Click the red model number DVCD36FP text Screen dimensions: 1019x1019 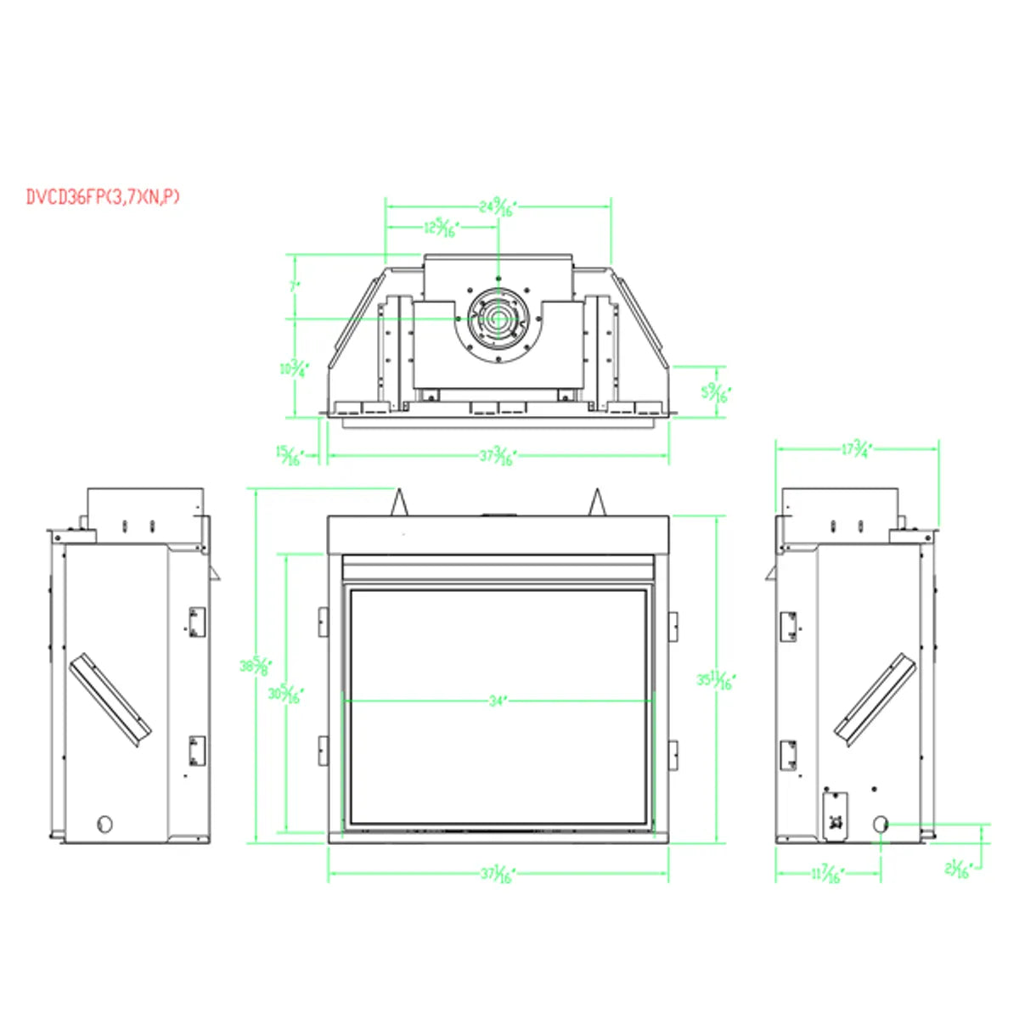tap(102, 198)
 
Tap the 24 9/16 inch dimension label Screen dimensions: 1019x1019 tap(498, 206)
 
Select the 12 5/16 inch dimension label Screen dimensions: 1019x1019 tap(441, 228)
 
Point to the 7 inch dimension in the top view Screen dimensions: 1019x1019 tap(295, 287)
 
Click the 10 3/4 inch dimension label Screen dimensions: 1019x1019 tap(294, 369)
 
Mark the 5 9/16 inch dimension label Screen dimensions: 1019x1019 tap(715, 392)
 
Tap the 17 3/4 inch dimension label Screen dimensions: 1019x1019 tap(857, 449)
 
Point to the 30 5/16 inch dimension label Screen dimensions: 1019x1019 tap(285, 695)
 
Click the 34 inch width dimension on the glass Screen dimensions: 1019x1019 tap(498, 701)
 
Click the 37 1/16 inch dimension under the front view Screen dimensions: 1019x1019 tap(498, 874)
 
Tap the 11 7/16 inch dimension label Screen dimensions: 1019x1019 tap(826, 874)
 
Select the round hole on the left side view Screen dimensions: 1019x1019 tap(105, 823)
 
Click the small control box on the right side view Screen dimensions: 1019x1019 tap(836, 816)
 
